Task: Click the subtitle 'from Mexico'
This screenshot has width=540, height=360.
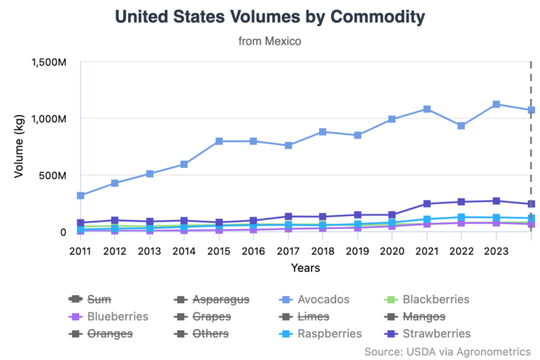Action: click(x=269, y=41)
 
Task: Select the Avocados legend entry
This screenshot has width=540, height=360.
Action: click(x=324, y=300)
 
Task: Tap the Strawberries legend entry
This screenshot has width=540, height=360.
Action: click(x=436, y=333)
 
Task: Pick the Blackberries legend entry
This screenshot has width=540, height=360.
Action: click(x=437, y=300)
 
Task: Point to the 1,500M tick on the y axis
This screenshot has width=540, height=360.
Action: click(x=49, y=63)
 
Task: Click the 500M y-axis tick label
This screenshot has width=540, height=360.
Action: click(x=54, y=175)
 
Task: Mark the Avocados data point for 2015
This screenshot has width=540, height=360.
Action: click(x=219, y=141)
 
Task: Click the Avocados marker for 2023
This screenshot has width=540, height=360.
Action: click(x=496, y=105)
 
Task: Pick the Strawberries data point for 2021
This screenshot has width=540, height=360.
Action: click(x=427, y=204)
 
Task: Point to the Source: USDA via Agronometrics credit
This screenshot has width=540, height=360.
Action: click(x=447, y=351)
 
